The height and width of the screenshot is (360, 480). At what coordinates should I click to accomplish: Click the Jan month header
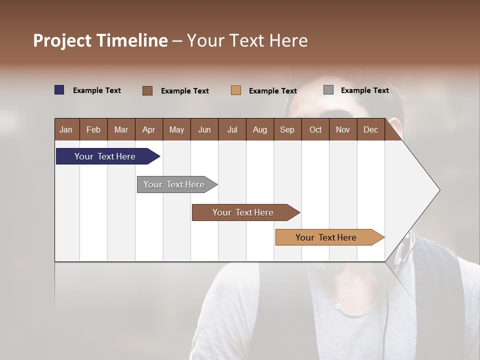[x=66, y=129]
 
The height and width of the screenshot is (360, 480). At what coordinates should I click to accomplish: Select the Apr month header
[x=148, y=129]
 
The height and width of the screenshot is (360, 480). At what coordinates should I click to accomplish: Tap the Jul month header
[x=232, y=129]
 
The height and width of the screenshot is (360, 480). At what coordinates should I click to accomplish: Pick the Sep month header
[x=287, y=129]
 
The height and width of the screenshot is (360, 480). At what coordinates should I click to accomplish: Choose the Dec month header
[x=370, y=129]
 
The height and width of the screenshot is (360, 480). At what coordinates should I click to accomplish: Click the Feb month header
[x=93, y=129]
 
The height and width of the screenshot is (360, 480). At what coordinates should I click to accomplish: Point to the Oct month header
[x=315, y=129]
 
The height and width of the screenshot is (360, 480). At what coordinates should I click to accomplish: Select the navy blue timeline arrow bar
[x=105, y=156]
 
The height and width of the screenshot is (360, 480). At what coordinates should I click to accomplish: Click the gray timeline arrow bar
[x=174, y=184]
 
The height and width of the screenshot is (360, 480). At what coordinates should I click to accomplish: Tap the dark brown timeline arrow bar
[x=243, y=212]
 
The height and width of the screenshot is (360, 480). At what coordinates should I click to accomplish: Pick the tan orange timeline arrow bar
[x=326, y=237]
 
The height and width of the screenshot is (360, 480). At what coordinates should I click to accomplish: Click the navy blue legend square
[x=59, y=90]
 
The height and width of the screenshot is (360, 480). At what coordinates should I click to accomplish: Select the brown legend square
[x=147, y=90]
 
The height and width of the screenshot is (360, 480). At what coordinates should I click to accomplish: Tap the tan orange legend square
[x=236, y=90]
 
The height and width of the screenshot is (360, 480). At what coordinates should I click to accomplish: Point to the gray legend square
[x=328, y=90]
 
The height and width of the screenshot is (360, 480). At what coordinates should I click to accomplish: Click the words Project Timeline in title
[x=100, y=40]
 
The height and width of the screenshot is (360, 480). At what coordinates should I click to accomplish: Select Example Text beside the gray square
[x=364, y=90]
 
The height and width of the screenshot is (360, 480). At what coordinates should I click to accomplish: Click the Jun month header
[x=204, y=129]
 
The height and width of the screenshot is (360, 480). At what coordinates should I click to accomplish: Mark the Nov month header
[x=343, y=129]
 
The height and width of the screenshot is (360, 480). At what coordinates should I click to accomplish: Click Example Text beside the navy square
[x=97, y=90]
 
